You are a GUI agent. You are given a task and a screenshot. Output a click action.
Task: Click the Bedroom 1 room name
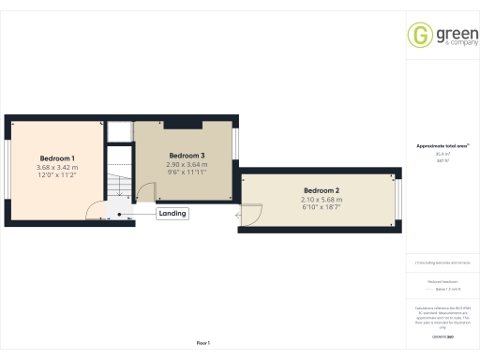pyautogui.click(x=56, y=157)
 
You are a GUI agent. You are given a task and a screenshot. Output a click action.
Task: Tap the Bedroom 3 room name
pyautogui.click(x=187, y=155)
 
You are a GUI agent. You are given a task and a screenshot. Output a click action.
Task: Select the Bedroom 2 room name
pyautogui.click(x=321, y=190)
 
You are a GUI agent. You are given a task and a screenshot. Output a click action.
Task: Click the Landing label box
pyautogui.click(x=172, y=214)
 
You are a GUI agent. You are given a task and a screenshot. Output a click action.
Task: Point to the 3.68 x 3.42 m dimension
pyautogui.click(x=56, y=167)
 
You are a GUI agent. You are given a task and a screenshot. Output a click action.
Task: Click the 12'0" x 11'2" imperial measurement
pyautogui.click(x=56, y=175)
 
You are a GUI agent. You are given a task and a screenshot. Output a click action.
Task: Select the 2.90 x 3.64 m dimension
pyautogui.click(x=187, y=164)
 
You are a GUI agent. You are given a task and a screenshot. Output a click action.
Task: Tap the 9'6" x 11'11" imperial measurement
pyautogui.click(x=187, y=172)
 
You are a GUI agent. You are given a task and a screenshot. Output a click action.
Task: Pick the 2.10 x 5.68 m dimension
pyautogui.click(x=321, y=199)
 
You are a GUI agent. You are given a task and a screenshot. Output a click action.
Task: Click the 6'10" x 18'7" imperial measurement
pyautogui.click(x=321, y=207)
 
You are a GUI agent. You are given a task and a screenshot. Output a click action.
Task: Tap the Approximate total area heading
pyautogui.click(x=442, y=147)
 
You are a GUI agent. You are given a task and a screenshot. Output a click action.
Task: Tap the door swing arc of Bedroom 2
pyautogui.click(x=247, y=215)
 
